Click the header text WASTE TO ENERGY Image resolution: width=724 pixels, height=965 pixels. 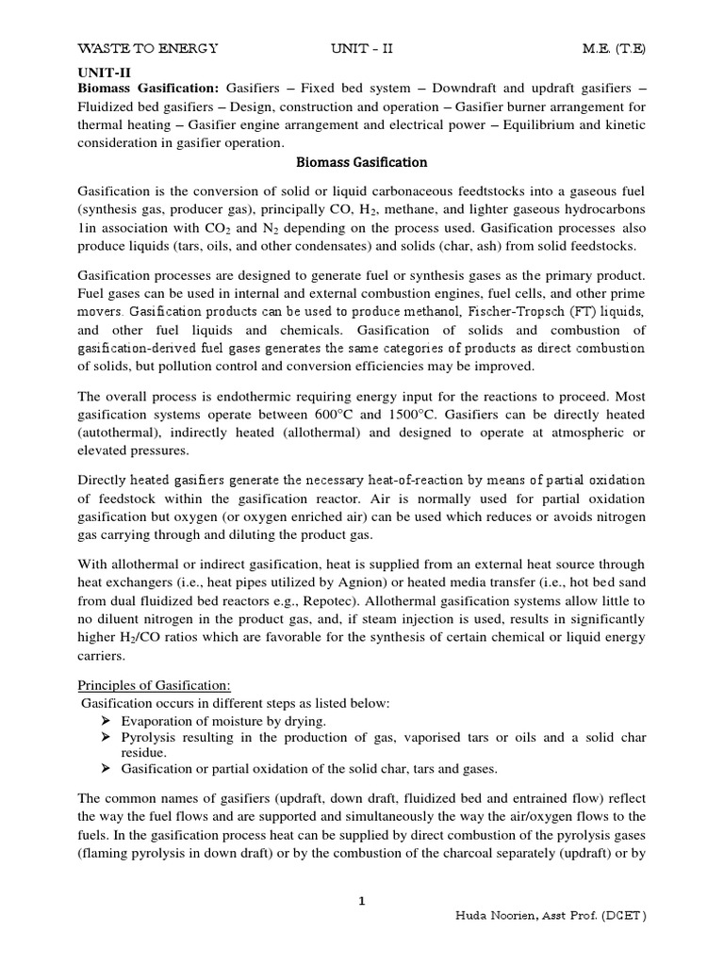pos(147,48)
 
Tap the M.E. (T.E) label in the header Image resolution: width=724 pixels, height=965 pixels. pos(613,48)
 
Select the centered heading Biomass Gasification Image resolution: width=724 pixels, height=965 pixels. pos(362,162)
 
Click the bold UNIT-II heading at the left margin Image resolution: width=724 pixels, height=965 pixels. pos(100,71)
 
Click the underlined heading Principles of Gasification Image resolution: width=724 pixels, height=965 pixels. pos(155,685)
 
